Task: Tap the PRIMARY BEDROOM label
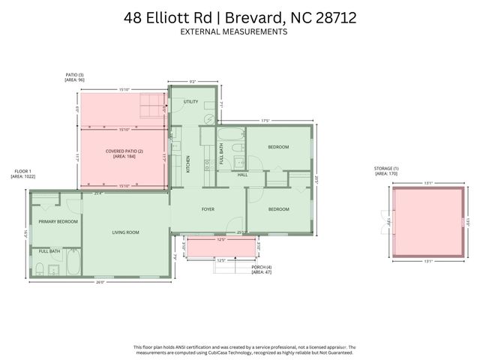point(55,222)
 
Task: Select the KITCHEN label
point(188,164)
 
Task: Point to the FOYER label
point(208,209)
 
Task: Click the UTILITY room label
point(191,101)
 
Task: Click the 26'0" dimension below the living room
point(99,282)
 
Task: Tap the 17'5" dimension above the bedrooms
point(265,120)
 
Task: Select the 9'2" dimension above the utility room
point(193,82)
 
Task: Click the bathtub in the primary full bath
point(73,262)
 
